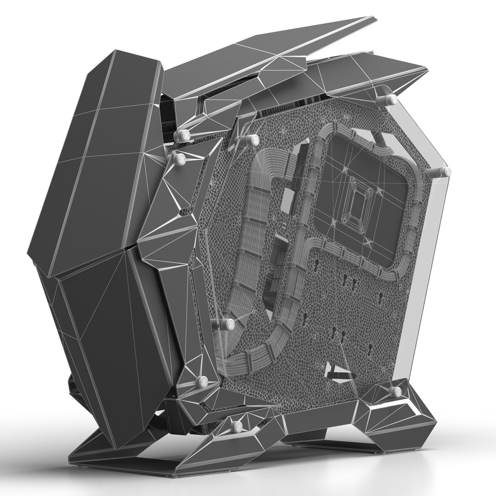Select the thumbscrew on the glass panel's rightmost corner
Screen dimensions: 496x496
444,172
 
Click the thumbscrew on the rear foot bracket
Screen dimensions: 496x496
395,391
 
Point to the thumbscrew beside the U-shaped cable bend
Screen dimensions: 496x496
228,324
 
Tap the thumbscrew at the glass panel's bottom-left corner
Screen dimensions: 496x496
202,380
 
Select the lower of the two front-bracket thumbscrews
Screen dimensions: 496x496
179,159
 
